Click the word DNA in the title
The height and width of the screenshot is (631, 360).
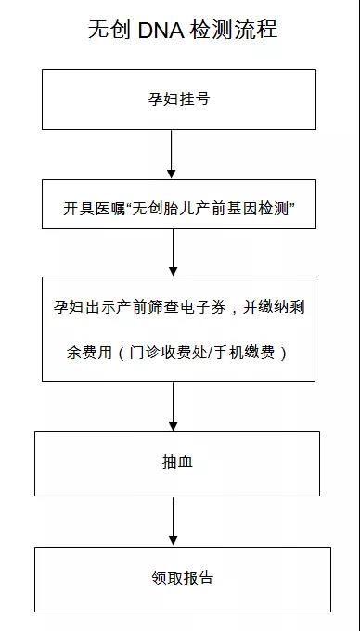click(159, 31)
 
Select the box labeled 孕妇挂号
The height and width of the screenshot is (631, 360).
click(179, 98)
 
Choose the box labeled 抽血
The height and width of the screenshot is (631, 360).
click(176, 463)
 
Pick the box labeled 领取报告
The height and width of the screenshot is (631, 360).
click(182, 578)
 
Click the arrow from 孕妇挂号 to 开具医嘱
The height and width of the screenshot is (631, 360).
click(172, 153)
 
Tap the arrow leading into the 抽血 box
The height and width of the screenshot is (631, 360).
click(173, 406)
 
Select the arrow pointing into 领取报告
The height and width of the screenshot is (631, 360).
click(173, 522)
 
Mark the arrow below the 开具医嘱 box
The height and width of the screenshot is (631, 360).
click(173, 251)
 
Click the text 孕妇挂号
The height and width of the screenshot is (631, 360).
click(179, 98)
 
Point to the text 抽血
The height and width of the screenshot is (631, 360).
click(176, 461)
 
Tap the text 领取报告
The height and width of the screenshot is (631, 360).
click(182, 577)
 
